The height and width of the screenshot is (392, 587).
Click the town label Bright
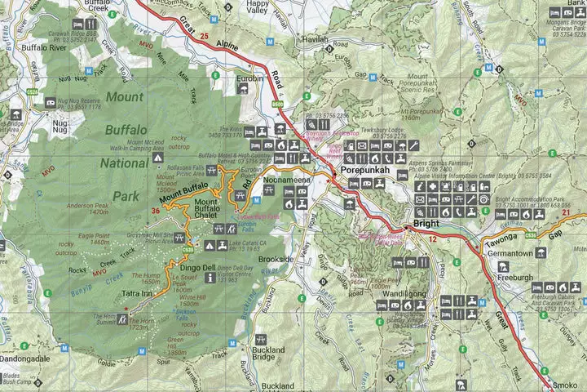point(425,223)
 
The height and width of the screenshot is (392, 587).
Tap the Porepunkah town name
point(373,170)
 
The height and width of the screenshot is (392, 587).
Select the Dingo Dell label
point(197,267)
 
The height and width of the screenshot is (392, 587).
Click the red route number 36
point(156,212)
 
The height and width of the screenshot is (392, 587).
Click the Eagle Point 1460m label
point(89,238)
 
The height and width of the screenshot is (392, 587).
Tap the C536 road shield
point(531,235)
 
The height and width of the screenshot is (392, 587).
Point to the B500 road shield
point(277,104)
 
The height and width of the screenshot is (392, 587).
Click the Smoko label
point(564,384)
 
